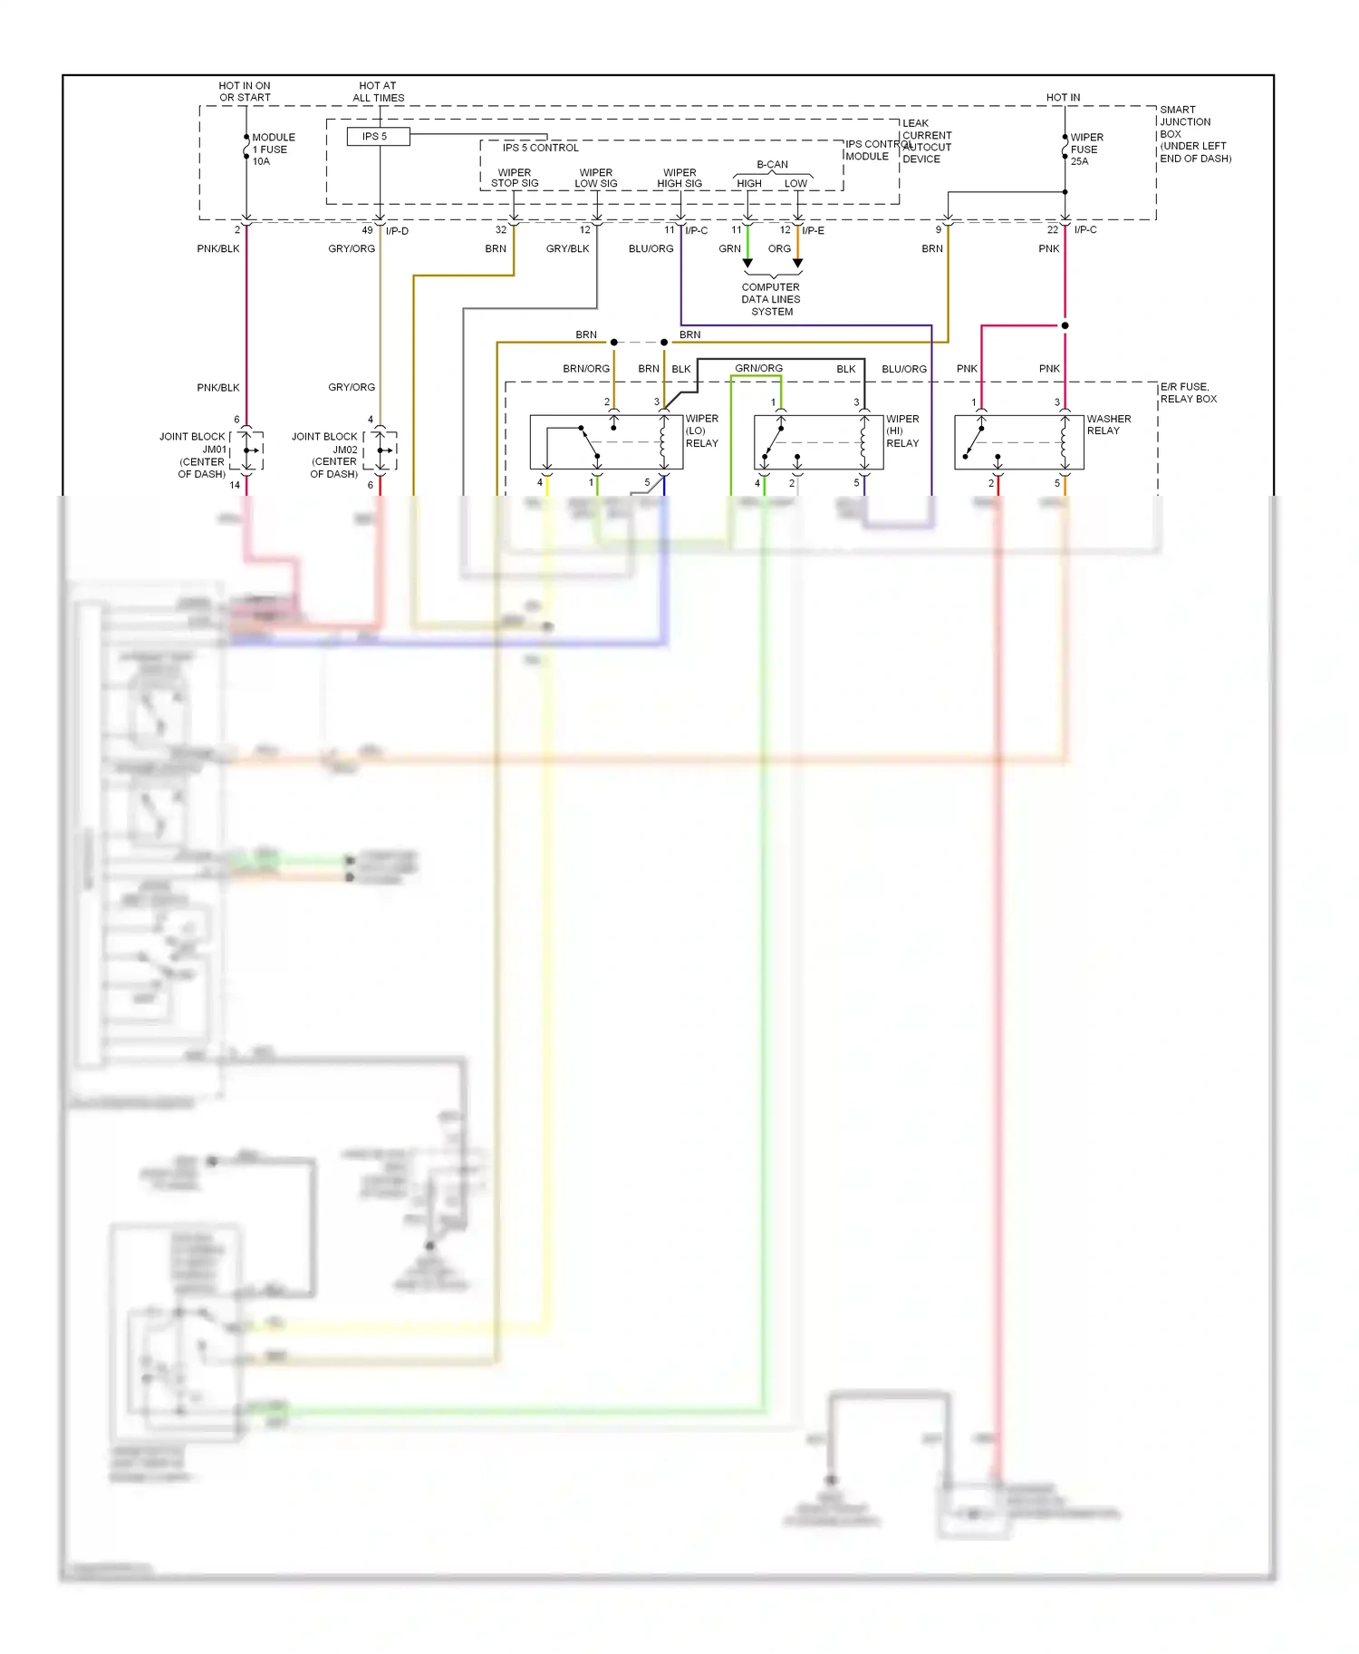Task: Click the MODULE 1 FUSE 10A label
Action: (273, 150)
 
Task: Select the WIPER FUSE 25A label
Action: (1086, 150)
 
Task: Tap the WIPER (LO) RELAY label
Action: (701, 431)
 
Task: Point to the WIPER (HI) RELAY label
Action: (902, 431)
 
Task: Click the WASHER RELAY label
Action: (1108, 425)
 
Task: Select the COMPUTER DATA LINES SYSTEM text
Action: (771, 299)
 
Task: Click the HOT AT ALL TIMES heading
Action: (378, 92)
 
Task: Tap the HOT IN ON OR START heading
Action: (245, 92)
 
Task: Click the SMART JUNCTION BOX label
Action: (1194, 134)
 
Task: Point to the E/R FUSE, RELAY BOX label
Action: (1188, 392)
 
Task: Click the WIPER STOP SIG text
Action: (515, 178)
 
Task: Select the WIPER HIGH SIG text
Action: (679, 178)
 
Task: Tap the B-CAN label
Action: (772, 165)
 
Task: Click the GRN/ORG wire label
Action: (758, 368)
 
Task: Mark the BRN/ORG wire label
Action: (586, 369)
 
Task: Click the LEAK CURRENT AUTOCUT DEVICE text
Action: (926, 141)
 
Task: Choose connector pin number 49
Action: (367, 230)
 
